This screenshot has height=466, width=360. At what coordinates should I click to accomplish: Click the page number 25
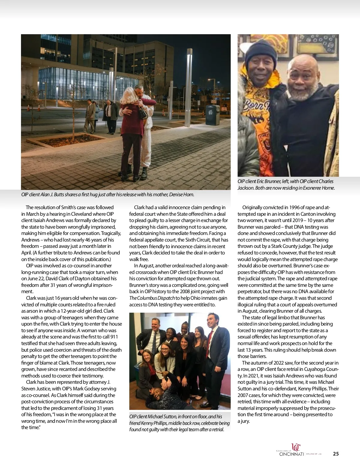click(x=336, y=454)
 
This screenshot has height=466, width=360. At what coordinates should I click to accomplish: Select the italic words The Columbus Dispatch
click(x=152, y=298)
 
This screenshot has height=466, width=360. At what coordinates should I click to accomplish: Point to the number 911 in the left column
click(x=114, y=337)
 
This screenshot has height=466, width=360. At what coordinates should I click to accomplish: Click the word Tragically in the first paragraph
click(x=111, y=233)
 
